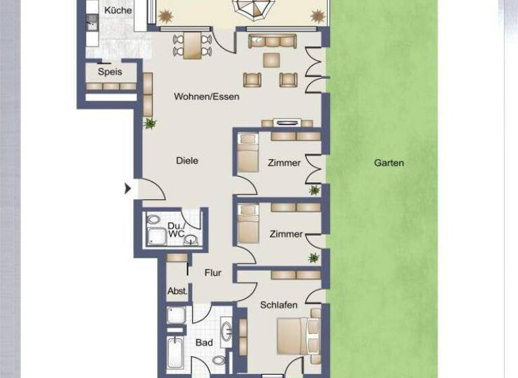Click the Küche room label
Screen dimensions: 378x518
click(x=118, y=11)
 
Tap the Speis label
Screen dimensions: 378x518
click(x=109, y=71)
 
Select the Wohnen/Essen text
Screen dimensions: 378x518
click(x=206, y=97)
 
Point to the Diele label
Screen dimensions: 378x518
click(x=187, y=161)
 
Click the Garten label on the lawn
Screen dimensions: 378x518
click(x=389, y=163)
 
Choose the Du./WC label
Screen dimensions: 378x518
click(x=175, y=229)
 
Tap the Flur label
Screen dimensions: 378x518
click(x=213, y=273)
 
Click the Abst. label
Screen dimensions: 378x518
click(x=177, y=292)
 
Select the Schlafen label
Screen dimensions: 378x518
click(x=279, y=305)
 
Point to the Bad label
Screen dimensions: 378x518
click(x=204, y=343)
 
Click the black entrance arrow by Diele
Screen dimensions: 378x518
click(x=127, y=188)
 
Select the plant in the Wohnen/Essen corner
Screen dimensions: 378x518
click(x=150, y=124)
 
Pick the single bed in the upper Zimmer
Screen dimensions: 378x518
click(x=248, y=154)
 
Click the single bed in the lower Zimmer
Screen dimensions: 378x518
click(x=248, y=224)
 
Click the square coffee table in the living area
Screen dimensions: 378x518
click(x=271, y=60)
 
